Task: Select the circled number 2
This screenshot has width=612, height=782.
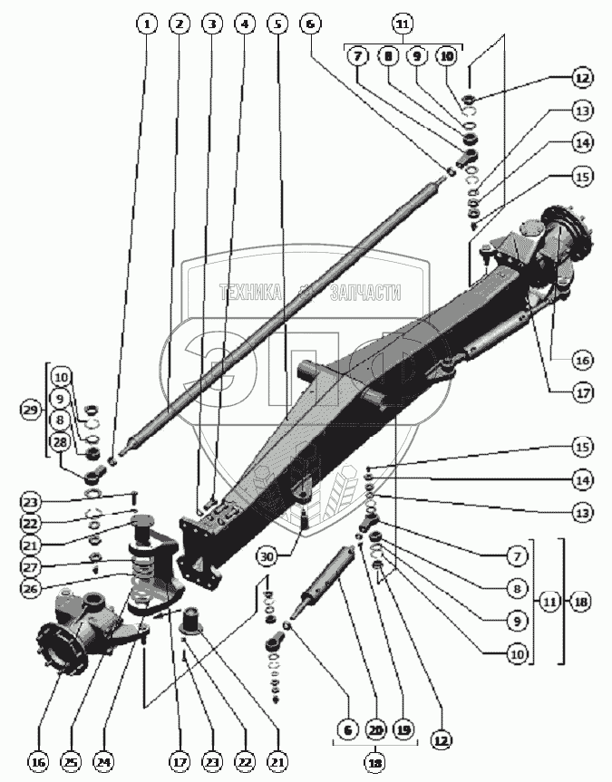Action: (x=180, y=24)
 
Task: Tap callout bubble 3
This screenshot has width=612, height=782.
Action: (x=212, y=24)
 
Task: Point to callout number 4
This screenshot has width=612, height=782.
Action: (x=243, y=24)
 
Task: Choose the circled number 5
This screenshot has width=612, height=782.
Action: (x=277, y=24)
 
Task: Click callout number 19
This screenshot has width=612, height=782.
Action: (x=403, y=729)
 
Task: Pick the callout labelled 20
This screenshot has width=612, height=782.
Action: (x=375, y=729)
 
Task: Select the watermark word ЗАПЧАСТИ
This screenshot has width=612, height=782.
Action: (x=364, y=293)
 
